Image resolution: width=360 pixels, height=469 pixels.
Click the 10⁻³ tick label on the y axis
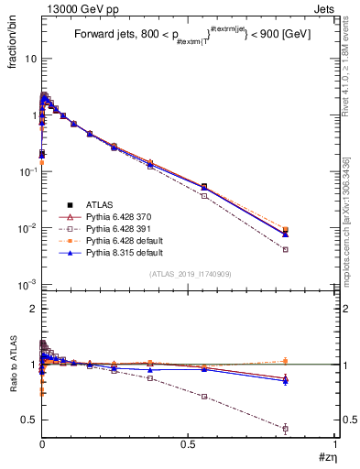pyautogui.click(x=27, y=285)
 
